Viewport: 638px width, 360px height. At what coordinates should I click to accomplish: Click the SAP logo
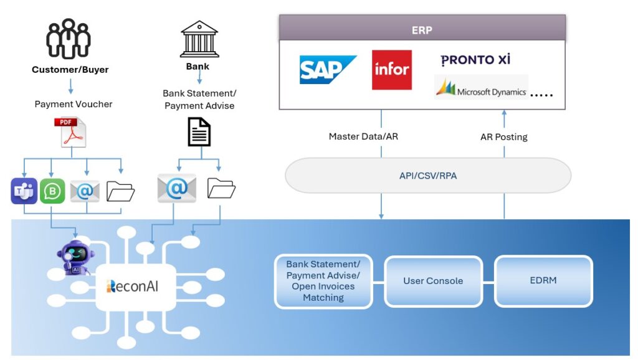click(328, 69)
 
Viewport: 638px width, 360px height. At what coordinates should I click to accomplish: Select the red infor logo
click(392, 69)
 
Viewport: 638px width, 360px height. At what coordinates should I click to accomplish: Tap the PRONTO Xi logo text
click(475, 60)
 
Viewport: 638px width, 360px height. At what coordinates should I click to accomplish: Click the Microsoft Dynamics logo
click(481, 88)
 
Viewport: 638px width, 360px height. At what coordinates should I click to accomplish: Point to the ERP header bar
click(422, 29)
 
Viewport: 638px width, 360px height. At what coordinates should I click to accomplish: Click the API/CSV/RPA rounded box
click(428, 176)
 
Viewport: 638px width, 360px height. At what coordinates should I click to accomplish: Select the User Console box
click(433, 281)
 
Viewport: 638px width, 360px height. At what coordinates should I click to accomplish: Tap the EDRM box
click(543, 281)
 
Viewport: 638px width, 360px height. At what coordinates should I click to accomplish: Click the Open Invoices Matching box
click(323, 281)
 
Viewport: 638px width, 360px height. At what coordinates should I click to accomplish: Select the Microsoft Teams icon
click(24, 191)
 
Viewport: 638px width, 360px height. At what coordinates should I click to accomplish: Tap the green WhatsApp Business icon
click(52, 191)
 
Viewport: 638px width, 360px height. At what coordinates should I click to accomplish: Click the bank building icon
click(199, 39)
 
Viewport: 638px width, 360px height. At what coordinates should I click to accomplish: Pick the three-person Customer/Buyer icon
click(69, 39)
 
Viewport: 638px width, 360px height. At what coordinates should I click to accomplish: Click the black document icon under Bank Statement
click(199, 131)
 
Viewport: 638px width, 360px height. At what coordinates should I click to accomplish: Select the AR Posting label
click(503, 137)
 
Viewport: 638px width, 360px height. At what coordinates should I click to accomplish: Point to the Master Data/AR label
click(363, 136)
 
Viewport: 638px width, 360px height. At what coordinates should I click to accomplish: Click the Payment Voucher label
click(74, 104)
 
